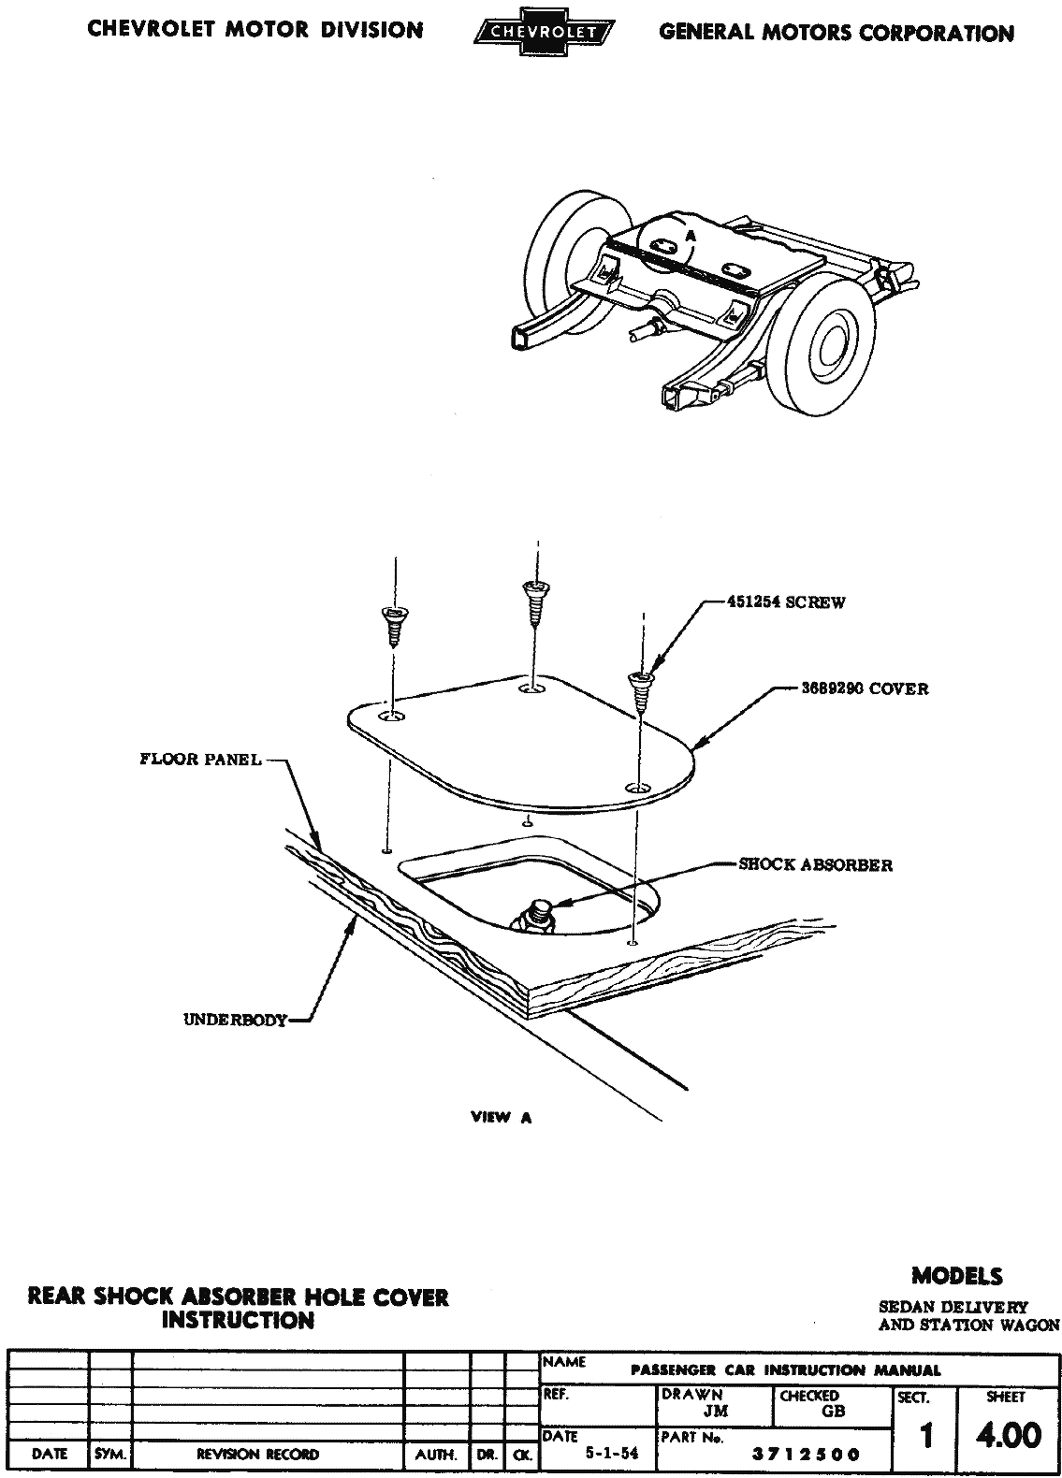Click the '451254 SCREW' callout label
tap(786, 602)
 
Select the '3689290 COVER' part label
tap(865, 689)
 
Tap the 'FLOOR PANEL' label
tap(200, 760)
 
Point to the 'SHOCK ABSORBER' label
tap(816, 865)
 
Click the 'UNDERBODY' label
tap(235, 1021)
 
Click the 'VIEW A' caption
tap(502, 1117)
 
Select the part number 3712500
tap(807, 1455)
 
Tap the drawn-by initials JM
tap(716, 1413)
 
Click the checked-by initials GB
tap(833, 1413)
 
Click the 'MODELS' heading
tap(956, 1276)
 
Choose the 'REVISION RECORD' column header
tap(257, 1455)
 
